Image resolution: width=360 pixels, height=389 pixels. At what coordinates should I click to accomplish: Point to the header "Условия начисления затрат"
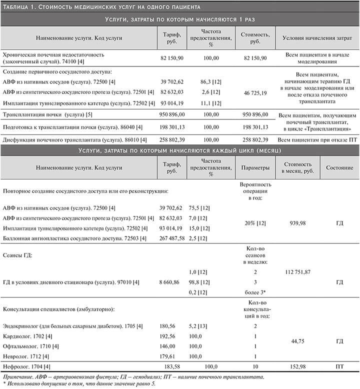tap(315, 37)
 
